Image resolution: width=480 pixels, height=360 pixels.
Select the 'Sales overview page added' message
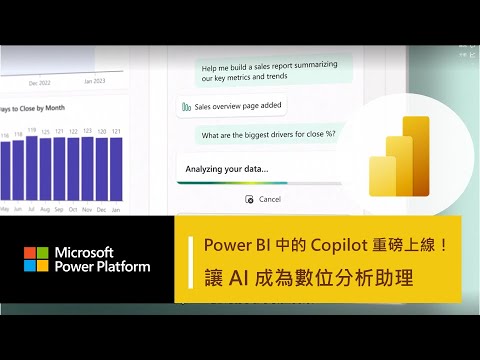tap(237, 106)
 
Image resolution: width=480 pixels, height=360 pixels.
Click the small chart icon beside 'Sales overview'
tap(186, 106)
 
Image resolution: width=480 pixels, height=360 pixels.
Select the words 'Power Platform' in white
tap(103, 267)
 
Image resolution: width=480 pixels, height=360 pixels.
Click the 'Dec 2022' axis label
tap(41, 82)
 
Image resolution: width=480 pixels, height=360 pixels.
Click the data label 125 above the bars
tap(45, 132)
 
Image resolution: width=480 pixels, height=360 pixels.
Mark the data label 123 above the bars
tap(87, 131)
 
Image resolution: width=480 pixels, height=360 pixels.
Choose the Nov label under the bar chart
tap(87, 211)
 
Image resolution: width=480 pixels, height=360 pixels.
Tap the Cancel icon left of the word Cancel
tap(249, 199)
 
